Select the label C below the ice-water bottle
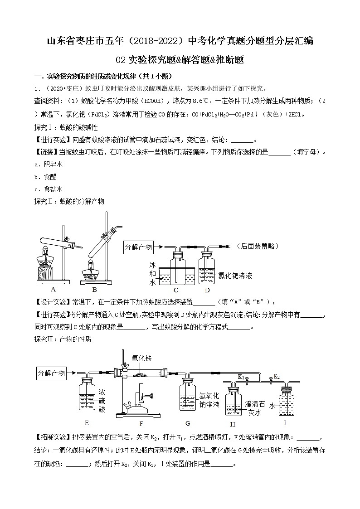(176, 289)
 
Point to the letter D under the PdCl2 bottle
(207, 289)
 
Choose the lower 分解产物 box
(51, 373)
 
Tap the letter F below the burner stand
(141, 423)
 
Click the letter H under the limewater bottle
(233, 424)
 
